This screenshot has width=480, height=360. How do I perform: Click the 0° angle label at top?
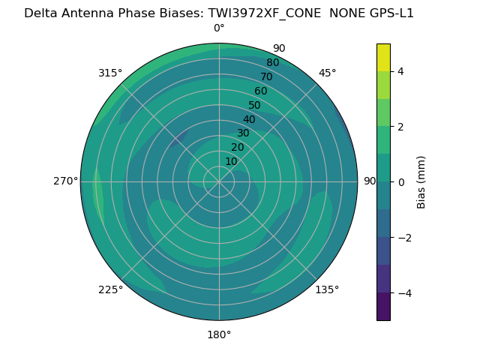pos(219,28)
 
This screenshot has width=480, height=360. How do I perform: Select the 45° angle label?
pos(328,73)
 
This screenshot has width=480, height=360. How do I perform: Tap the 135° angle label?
pos(327,289)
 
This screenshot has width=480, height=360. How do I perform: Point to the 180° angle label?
pos(219,334)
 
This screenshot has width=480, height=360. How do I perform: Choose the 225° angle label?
pos(110,289)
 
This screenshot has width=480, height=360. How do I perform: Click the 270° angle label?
pos(65,181)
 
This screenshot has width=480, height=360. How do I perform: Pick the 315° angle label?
pos(110,73)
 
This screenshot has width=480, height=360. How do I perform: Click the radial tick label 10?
pos(232,161)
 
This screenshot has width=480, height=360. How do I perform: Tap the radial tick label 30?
pos(243,133)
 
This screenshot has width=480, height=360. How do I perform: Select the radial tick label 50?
pos(255,106)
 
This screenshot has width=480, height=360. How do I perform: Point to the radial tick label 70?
pos(266,76)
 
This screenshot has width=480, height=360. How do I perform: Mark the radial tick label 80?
pos(272,63)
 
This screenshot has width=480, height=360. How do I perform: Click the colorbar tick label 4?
pos(401,71)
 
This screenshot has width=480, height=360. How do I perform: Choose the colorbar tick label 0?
pos(401,182)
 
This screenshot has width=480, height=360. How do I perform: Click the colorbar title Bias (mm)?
pos(421,182)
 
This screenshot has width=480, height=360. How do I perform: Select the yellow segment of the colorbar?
pos(383,57)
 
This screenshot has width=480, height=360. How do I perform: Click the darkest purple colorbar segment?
pos(383,307)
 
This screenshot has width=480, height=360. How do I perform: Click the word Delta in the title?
pos(41,13)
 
